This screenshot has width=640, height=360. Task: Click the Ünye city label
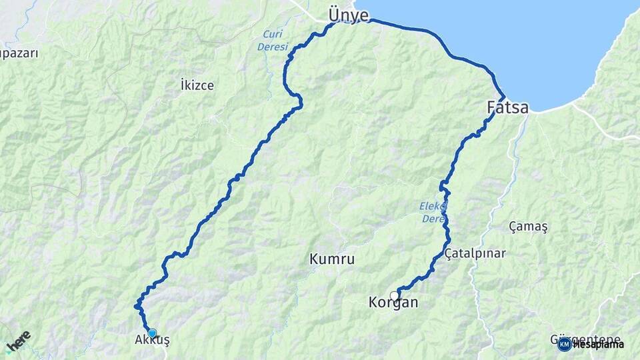pyautogui.click(x=348, y=15)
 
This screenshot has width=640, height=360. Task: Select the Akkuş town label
pyautogui.click(x=152, y=340)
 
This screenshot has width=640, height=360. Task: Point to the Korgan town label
pyautogui.click(x=393, y=303)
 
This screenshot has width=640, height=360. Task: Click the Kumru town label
pyautogui.click(x=332, y=259)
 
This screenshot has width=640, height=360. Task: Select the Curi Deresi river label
pyautogui.click(x=273, y=41)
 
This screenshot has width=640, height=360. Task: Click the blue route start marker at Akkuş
pyautogui.click(x=152, y=333)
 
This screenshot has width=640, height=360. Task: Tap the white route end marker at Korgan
pyautogui.click(x=394, y=295)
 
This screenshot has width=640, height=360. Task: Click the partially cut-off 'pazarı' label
pyautogui.click(x=18, y=53)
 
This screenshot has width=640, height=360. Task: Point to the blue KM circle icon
pyautogui.click(x=564, y=344)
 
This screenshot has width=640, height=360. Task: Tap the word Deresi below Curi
pyautogui.click(x=273, y=47)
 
